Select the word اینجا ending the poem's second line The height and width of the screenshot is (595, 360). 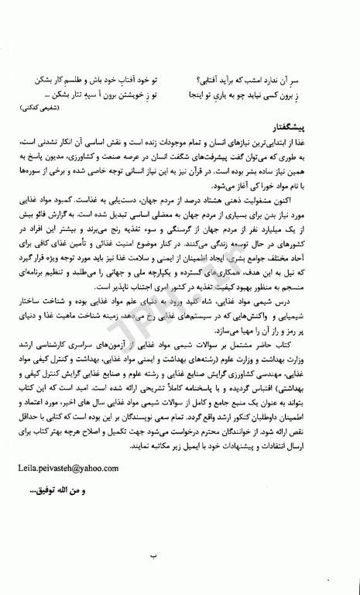point(199,95)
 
